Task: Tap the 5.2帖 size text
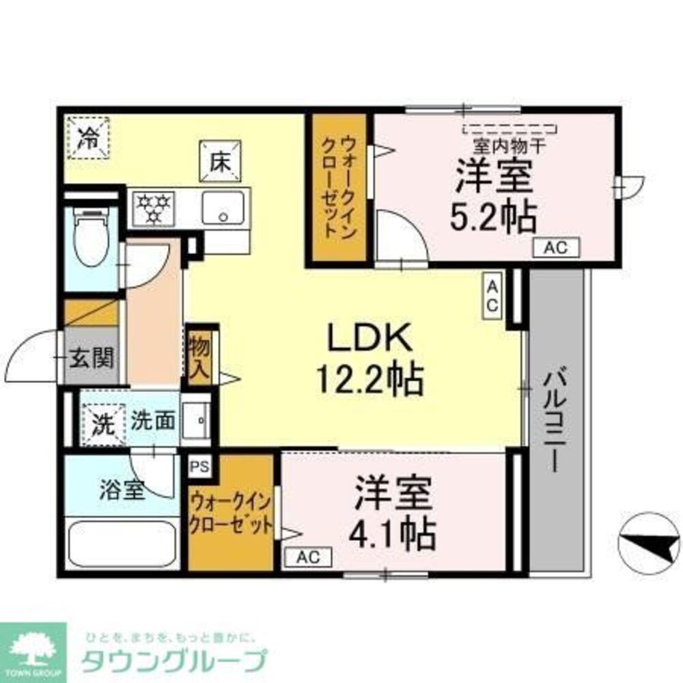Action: tap(492, 218)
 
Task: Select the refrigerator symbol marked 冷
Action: tap(87, 137)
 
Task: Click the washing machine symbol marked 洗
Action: tap(102, 424)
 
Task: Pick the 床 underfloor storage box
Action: tap(219, 161)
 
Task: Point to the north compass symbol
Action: tap(648, 544)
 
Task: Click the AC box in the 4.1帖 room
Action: tap(307, 557)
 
